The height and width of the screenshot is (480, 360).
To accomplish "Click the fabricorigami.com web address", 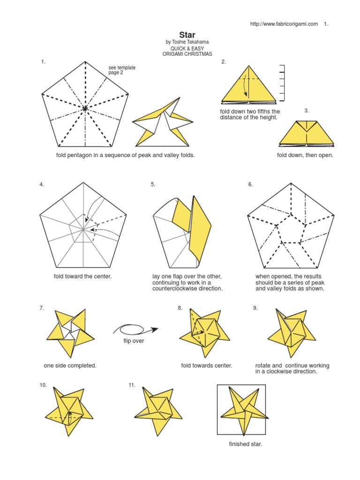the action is click(284, 24).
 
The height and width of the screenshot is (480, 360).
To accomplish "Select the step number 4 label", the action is click(42, 184).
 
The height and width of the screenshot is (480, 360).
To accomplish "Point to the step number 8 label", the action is click(180, 308).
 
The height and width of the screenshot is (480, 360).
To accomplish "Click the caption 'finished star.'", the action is click(245, 444).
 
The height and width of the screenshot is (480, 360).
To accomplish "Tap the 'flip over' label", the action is click(134, 341).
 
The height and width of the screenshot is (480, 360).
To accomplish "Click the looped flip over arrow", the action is click(134, 329).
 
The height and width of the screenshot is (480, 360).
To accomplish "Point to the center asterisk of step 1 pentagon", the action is click(85, 109).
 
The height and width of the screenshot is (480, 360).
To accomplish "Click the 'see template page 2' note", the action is click(122, 70).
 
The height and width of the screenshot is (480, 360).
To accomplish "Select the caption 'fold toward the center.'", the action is click(83, 276).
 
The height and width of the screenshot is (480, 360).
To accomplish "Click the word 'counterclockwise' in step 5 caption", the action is click(174, 289).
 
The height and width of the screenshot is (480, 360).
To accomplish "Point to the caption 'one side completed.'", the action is click(70, 366).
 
